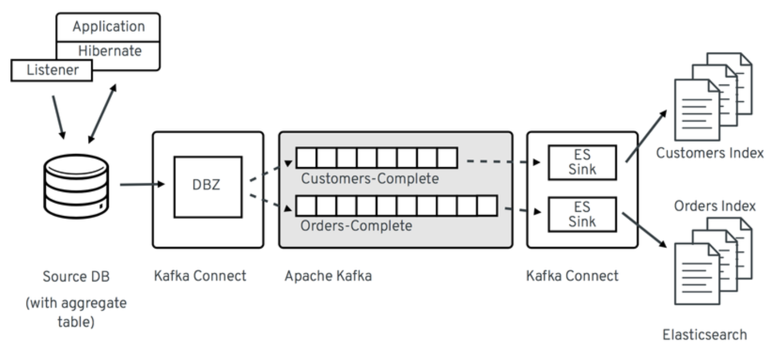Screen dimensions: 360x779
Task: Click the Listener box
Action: click(x=51, y=70)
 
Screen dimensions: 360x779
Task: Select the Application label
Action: click(x=108, y=27)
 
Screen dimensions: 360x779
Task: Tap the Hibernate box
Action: click(x=110, y=51)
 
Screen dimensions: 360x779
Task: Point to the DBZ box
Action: click(x=207, y=186)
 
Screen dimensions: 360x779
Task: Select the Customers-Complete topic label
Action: click(x=370, y=178)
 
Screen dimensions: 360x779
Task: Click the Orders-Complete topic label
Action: click(x=356, y=225)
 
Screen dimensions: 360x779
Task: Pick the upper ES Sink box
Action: click(x=582, y=162)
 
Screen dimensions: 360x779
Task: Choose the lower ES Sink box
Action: click(x=582, y=214)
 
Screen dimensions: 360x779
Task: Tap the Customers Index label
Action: click(x=709, y=153)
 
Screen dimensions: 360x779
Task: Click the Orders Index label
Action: click(x=715, y=206)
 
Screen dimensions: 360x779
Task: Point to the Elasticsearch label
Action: click(x=705, y=335)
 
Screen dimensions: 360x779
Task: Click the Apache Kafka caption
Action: click(x=328, y=276)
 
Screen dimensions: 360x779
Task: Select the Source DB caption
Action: click(x=72, y=277)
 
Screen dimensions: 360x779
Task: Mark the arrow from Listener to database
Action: click(x=58, y=116)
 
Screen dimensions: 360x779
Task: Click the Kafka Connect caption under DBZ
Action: click(x=200, y=276)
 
